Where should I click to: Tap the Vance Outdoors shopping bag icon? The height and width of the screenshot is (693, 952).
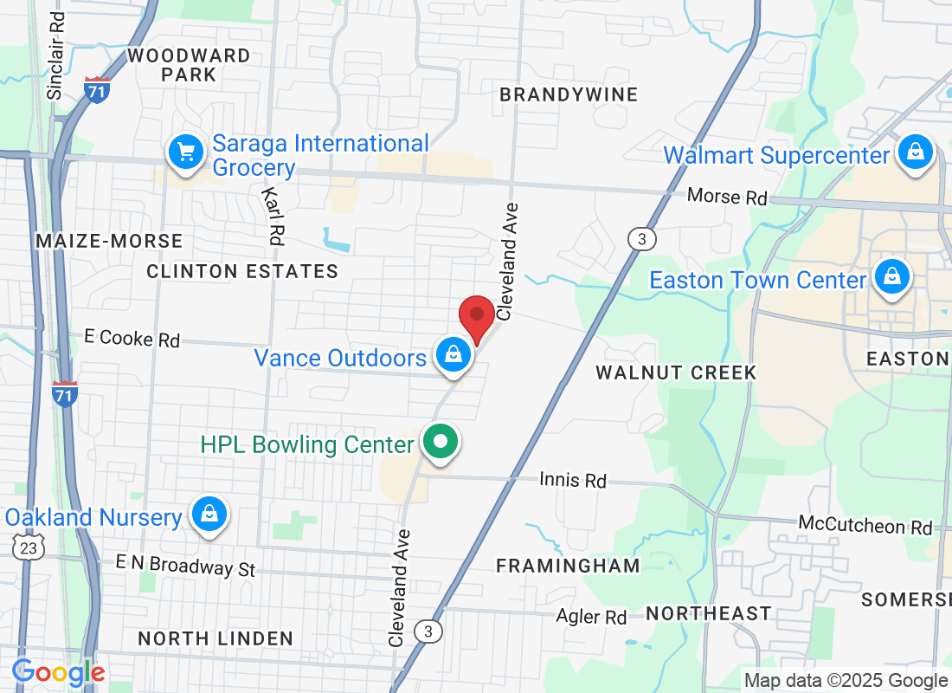pos(453,353)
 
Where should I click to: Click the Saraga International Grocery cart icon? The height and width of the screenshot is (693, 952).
pos(185,152)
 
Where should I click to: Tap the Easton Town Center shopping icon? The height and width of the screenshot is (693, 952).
pos(890,277)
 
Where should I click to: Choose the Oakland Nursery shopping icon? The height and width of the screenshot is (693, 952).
pos(209,515)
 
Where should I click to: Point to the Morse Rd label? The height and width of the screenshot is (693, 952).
pos(727,197)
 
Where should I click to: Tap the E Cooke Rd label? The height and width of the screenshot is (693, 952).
pos(132,339)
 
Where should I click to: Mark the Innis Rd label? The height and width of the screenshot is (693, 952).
pos(572,479)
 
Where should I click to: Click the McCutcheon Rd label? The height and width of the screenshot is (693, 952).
pos(865,526)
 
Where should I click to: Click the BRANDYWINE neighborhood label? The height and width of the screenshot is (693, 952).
pos(569,94)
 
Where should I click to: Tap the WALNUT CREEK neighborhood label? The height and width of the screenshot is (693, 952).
pos(676,372)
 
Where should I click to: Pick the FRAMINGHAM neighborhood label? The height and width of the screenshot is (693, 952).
pos(568,566)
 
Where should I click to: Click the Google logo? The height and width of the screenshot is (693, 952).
pos(58,672)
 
